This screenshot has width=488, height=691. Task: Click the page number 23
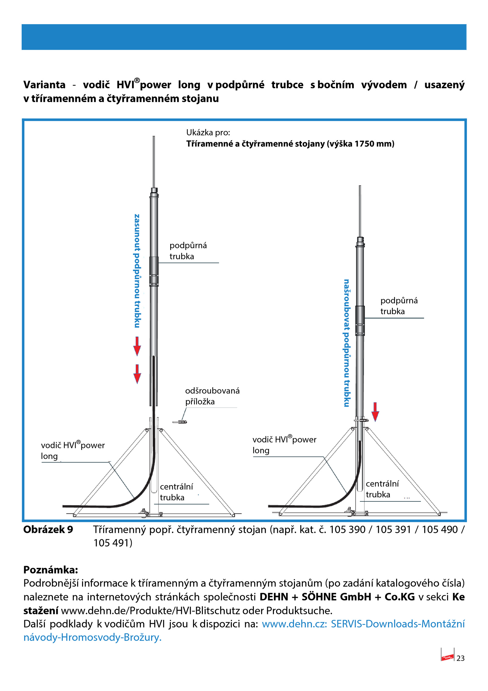coord(460,658)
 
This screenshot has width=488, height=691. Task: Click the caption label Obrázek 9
coord(48,529)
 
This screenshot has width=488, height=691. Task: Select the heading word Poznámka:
coord(51,570)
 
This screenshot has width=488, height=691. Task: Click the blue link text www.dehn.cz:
coord(294,624)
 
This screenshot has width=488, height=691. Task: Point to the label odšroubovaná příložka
coord(212,396)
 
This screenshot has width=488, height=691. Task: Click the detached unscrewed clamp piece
coord(180,422)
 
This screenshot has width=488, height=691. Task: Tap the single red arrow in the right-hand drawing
coord(375,412)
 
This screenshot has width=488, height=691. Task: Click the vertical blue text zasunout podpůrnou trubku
coord(137,271)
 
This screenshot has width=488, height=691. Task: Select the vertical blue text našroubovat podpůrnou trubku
coord(346,343)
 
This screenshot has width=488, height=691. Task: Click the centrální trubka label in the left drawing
coord(176,492)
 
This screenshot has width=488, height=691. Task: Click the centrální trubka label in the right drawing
coord(382,489)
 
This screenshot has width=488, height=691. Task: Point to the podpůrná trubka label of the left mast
coord(188,251)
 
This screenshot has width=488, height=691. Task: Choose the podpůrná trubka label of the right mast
coord(399,306)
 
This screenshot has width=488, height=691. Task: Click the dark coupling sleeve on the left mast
coord(154,271)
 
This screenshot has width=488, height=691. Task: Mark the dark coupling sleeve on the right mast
coord(360,321)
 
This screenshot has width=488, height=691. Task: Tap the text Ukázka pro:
coord(208,133)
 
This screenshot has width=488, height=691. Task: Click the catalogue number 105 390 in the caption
coord(347,529)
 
